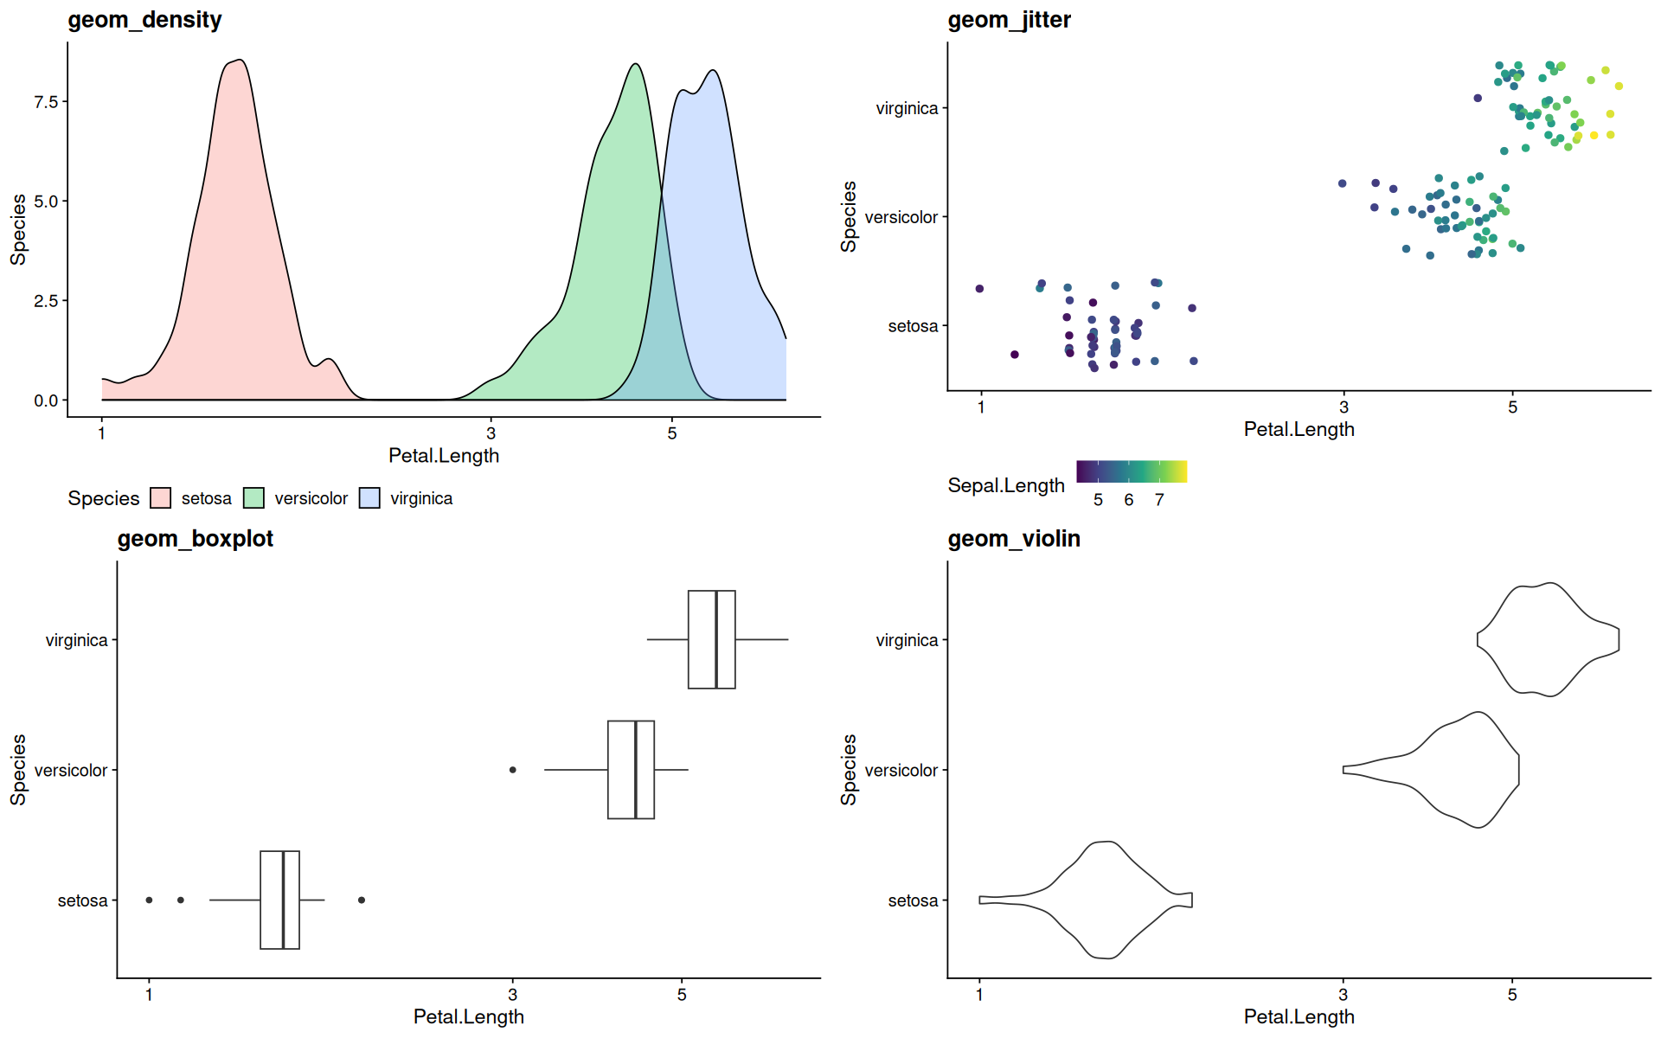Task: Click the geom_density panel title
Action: pos(144,20)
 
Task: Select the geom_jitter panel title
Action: pos(1009,20)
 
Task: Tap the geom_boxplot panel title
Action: pos(195,539)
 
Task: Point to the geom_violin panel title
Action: pos(1013,539)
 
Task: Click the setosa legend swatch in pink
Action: pos(160,498)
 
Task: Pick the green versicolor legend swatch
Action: pos(253,498)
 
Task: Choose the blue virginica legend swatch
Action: pos(369,498)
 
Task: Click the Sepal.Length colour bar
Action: pos(1132,471)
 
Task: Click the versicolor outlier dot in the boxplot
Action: pos(513,770)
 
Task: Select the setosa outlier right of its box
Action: pos(362,900)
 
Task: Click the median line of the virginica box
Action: pos(716,640)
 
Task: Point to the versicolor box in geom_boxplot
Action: pos(631,770)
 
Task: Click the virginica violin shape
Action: pos(1549,640)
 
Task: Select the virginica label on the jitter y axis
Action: pos(907,109)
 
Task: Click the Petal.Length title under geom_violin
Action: pos(1299,1017)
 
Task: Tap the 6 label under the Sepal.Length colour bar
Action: pos(1129,500)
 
